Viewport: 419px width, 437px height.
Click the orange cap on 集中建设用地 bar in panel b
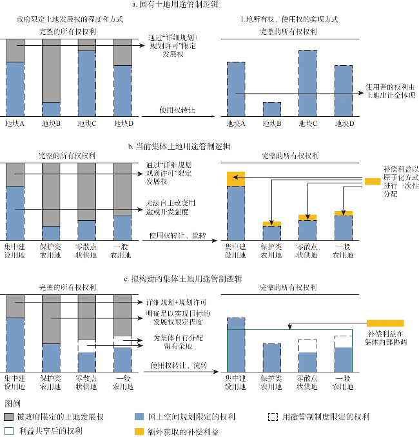point(236,179)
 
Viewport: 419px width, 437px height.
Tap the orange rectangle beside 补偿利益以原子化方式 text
point(373,182)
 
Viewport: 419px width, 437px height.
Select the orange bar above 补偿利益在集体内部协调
point(385,322)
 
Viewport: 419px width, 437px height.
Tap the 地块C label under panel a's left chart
point(87,123)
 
